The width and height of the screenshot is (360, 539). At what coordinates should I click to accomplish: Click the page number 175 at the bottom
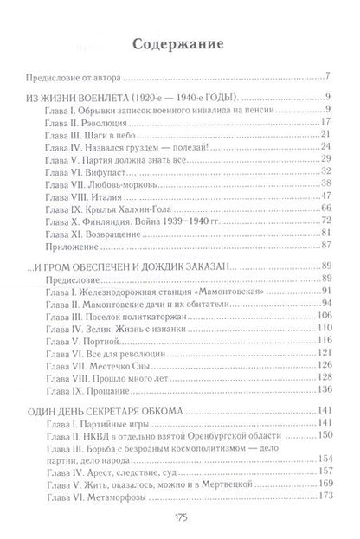pyautogui.click(x=179, y=519)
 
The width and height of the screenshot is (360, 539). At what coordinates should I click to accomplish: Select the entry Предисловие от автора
pyautogui.click(x=71, y=75)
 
